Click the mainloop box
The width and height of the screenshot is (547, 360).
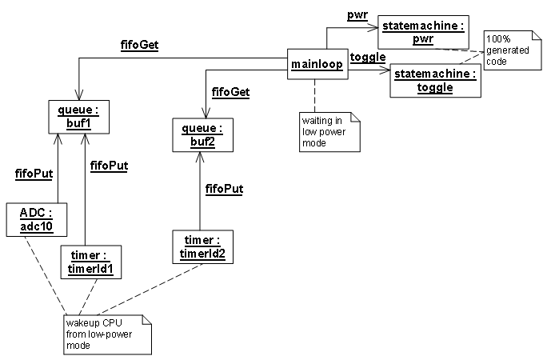[317, 64]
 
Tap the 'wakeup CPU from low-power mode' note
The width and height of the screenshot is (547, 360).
[107, 334]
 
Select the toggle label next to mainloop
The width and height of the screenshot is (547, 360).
[369, 58]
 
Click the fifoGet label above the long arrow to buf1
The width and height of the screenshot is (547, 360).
[141, 46]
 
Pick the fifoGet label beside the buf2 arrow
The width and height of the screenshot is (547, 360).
[230, 92]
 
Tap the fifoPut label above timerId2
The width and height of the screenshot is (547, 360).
[224, 190]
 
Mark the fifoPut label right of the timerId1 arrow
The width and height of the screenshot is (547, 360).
[110, 166]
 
